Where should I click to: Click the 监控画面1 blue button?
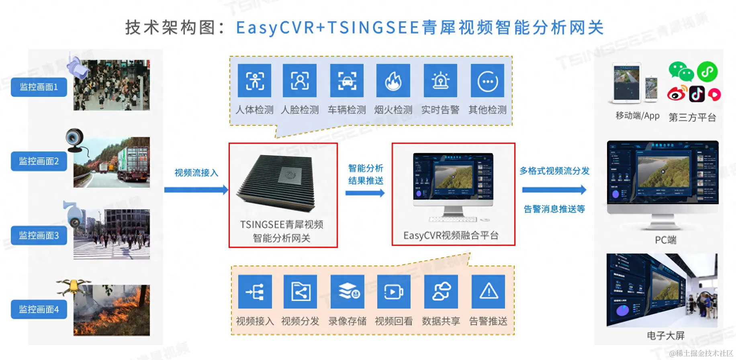[39, 87]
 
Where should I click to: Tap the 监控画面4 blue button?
[39, 309]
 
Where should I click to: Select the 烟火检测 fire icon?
[393, 81]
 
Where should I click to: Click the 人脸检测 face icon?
[299, 81]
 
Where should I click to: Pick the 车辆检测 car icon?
[346, 81]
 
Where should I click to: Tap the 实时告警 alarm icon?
[440, 81]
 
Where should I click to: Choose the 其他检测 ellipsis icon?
[487, 81]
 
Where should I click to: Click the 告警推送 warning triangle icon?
[488, 292]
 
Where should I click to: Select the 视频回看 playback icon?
[394, 292]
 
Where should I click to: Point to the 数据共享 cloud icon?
[441, 292]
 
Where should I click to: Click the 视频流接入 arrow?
[196, 190]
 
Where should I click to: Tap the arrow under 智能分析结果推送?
[365, 193]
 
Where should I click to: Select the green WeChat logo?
[681, 71]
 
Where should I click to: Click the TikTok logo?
[697, 94]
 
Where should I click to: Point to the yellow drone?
[74, 286]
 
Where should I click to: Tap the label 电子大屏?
[665, 335]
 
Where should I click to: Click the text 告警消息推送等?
[554, 209]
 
